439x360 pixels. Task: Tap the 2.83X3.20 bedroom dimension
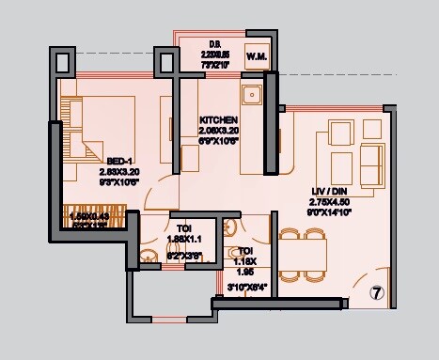(118, 173)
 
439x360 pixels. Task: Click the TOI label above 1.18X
(244, 250)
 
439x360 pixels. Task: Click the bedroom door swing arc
(162, 192)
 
